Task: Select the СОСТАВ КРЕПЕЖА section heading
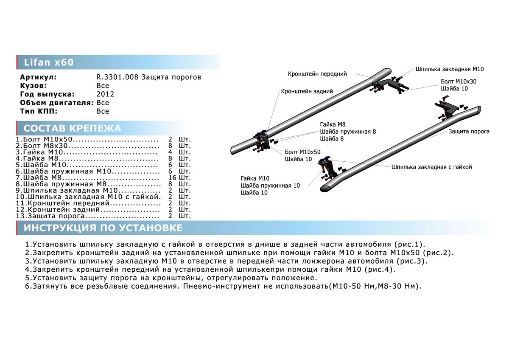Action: (72, 129)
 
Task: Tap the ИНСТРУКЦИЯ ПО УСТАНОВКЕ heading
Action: (103, 228)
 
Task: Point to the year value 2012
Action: (105, 94)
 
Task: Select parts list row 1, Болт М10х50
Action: (87, 139)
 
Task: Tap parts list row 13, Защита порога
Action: (87, 216)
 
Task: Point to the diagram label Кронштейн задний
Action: (307, 91)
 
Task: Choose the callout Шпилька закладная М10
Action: (450, 69)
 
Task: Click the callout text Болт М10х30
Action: (459, 81)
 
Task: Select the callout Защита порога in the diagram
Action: (469, 132)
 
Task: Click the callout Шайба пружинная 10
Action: (270, 186)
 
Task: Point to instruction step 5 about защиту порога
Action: (171, 278)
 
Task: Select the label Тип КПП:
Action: (38, 111)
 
